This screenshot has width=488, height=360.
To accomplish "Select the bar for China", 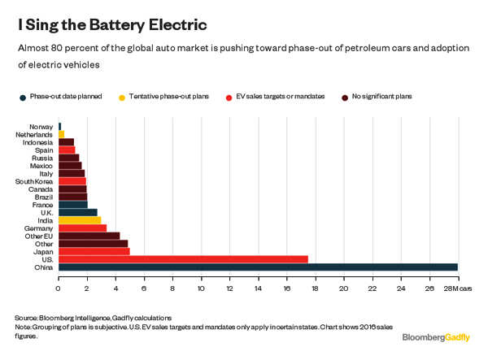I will pos(258,267).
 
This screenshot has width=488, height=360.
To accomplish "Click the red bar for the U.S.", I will pos(183,259).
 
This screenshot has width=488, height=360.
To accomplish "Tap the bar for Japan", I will pos(94,251).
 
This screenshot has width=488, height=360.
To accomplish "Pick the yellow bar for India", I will pos(80,219).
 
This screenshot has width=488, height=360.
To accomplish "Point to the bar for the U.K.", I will pos(77,212).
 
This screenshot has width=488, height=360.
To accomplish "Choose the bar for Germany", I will pos(82,228).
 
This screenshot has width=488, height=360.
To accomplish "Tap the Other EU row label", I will pos(38,236).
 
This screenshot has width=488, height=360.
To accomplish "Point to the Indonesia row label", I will pos(37,141).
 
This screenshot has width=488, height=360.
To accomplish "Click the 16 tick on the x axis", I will pos(286,288).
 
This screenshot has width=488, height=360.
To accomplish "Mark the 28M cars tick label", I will pos(461,288).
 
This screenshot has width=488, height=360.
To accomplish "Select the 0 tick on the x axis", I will pos(59,288).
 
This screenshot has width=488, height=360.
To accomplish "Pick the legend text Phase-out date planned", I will pos(66,97).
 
